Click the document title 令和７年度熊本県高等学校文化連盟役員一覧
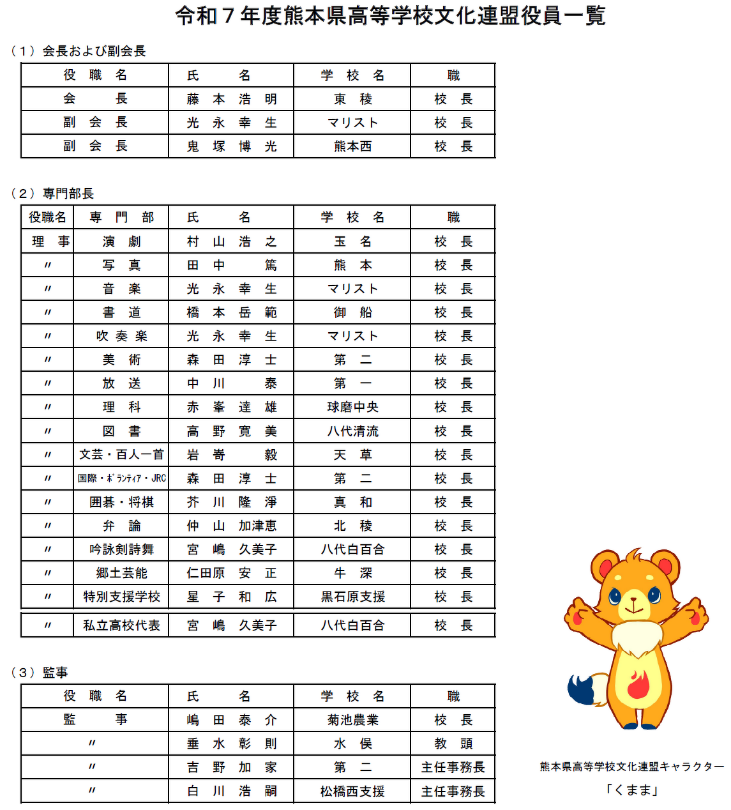tap(390, 16)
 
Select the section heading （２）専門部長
tap(52, 193)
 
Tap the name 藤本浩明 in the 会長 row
tap(231, 99)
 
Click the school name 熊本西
tap(352, 146)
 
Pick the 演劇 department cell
tap(121, 241)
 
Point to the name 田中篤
tap(231, 265)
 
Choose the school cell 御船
tap(352, 312)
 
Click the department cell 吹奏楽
tap(121, 336)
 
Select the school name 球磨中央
tap(352, 407)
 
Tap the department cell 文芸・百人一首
tap(121, 455)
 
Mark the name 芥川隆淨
tap(231, 502)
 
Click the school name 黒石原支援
tap(352, 597)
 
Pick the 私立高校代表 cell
tap(121, 625)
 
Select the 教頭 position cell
tap(453, 744)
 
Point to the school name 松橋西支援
tap(352, 791)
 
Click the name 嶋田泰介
tap(231, 720)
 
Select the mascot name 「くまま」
tap(631, 790)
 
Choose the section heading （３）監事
tap(40, 672)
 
